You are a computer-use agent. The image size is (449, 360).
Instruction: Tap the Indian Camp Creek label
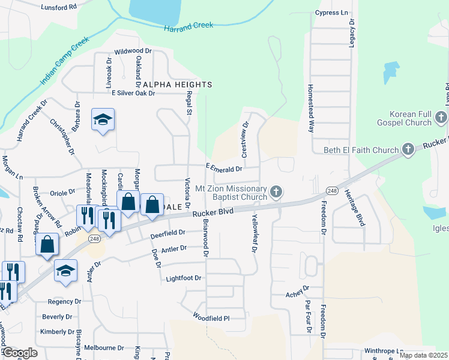click(x=64, y=61)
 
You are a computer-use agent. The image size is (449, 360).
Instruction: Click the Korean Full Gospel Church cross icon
click(x=442, y=118)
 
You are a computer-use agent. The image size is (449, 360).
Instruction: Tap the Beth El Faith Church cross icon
click(x=408, y=149)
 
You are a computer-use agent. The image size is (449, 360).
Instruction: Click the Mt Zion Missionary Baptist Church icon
click(x=276, y=192)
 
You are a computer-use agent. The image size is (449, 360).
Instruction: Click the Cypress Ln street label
click(x=331, y=12)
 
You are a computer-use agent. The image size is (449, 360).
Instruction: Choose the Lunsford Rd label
click(x=59, y=7)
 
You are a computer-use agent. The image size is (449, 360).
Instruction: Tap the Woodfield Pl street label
click(x=211, y=317)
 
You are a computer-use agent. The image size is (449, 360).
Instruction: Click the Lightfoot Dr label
click(x=183, y=278)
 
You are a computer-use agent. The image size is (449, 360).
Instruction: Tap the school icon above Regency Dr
click(x=65, y=271)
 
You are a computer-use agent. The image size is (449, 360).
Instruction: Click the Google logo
click(x=20, y=353)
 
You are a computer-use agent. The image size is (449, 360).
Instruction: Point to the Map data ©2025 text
click(x=423, y=355)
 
